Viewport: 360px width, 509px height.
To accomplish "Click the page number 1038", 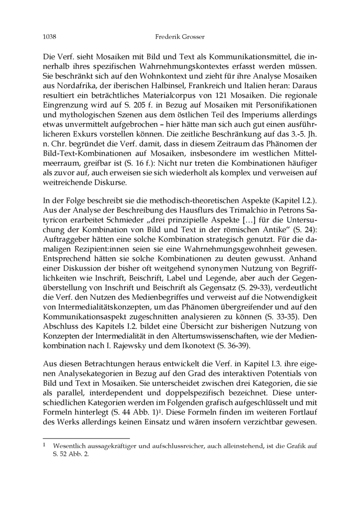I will tap(49, 36).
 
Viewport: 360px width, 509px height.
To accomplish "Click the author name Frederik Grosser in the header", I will tap(180, 36).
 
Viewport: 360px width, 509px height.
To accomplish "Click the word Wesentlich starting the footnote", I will tap(70, 446).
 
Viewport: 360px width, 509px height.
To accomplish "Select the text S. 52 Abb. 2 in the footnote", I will tap(71, 455).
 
